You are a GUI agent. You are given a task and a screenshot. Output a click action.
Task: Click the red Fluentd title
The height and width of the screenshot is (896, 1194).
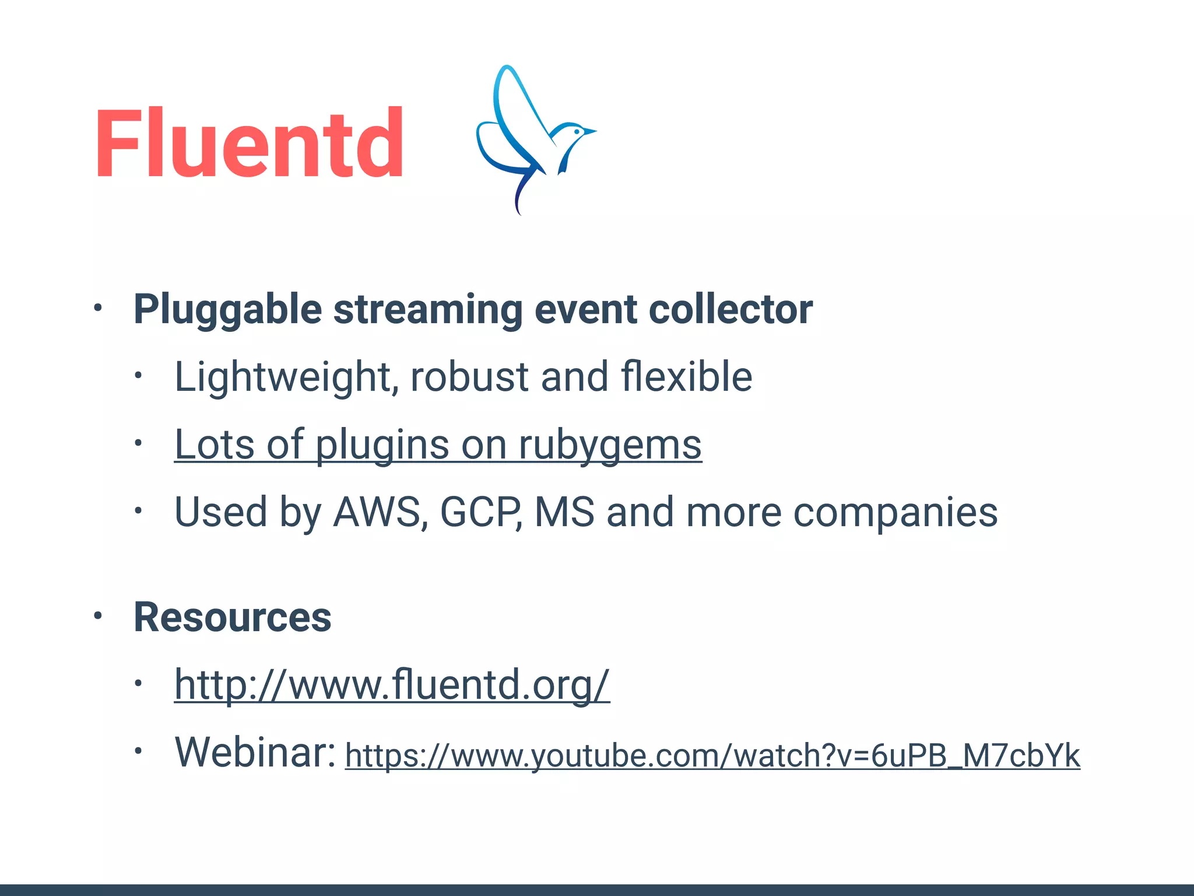click(x=249, y=143)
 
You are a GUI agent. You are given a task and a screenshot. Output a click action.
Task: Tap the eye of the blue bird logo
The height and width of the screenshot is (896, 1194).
click(x=577, y=132)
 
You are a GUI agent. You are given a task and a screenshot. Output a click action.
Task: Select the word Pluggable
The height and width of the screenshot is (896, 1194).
click(x=227, y=309)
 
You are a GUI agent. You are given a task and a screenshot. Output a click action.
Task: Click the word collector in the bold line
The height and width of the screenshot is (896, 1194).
click(x=731, y=309)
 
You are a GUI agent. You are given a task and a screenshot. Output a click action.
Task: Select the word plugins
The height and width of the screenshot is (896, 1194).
click(x=382, y=445)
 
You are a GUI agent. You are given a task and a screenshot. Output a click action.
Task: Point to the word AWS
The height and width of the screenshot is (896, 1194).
click(x=377, y=513)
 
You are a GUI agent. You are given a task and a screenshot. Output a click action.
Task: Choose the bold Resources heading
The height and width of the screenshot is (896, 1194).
click(x=233, y=617)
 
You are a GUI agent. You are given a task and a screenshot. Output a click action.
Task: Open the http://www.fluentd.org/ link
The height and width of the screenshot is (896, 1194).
click(x=392, y=685)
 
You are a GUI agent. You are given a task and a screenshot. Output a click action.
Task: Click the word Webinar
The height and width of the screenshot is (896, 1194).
click(x=255, y=752)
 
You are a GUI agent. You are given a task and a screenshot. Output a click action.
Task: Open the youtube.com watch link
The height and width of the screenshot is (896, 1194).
click(x=712, y=756)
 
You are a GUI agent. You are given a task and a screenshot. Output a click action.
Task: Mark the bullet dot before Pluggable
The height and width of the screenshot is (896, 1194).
click(x=98, y=307)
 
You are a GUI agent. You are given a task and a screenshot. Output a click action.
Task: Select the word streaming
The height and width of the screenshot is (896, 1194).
click(x=427, y=309)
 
